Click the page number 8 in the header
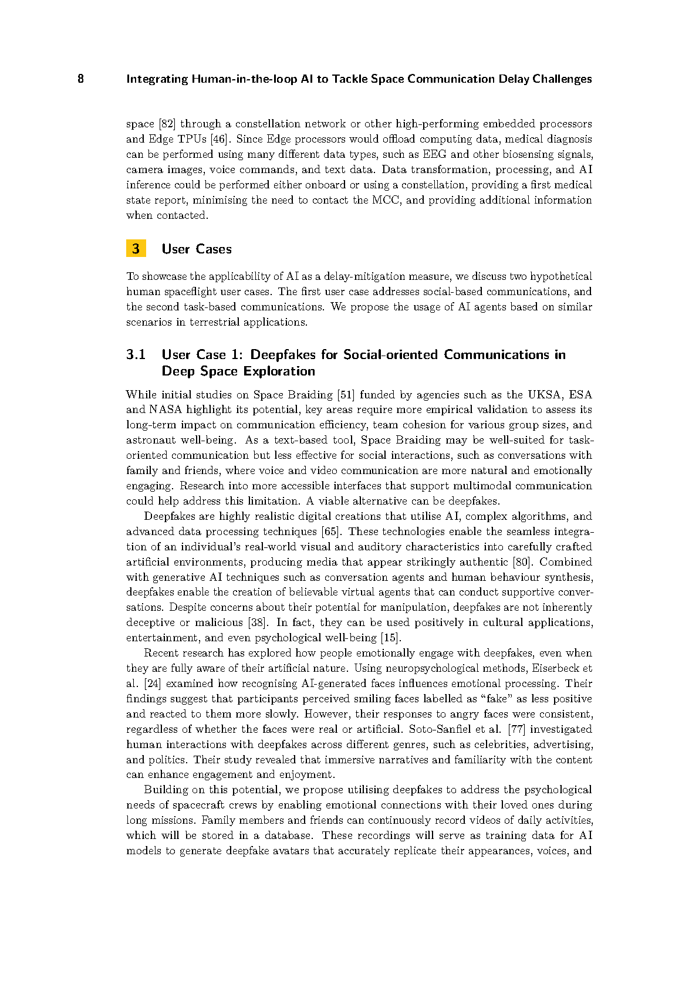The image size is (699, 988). pyautogui.click(x=80, y=79)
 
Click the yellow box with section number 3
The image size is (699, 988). pyautogui.click(x=136, y=249)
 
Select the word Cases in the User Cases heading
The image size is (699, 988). pyautogui.click(x=214, y=249)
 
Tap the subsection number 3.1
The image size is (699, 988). pyautogui.click(x=136, y=355)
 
